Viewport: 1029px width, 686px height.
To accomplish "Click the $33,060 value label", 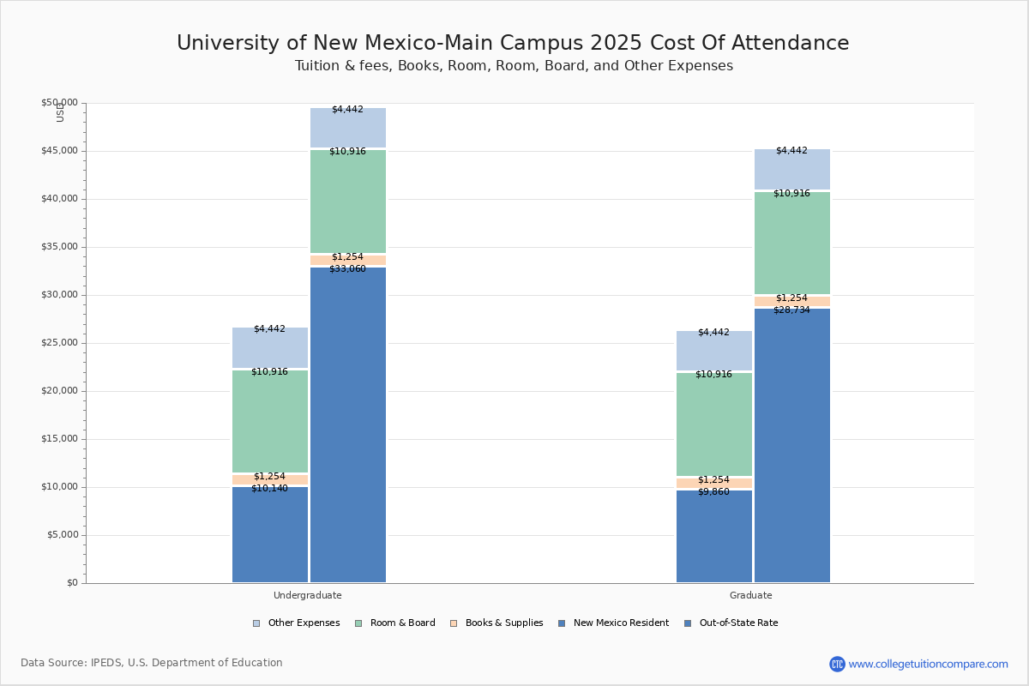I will click(x=347, y=269).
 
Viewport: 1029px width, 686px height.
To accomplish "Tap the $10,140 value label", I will click(x=269, y=489).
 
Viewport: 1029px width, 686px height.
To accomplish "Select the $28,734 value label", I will click(x=791, y=310).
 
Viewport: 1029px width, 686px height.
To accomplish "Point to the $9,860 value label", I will click(x=713, y=492).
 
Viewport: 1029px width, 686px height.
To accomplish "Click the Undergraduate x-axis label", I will click(x=308, y=595).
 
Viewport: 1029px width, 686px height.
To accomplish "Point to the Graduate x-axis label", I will click(x=751, y=595).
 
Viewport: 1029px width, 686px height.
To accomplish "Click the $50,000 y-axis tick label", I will click(x=59, y=103).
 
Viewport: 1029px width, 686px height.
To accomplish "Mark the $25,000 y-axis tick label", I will click(x=59, y=343).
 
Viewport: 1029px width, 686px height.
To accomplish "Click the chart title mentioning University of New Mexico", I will click(x=513, y=44).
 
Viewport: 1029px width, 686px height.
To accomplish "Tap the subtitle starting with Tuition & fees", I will click(x=514, y=66).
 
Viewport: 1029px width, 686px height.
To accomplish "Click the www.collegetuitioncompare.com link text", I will click(x=928, y=664).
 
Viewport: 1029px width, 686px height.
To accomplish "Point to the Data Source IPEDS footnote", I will click(x=152, y=663).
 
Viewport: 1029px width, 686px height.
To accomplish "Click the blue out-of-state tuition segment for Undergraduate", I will click(x=348, y=429).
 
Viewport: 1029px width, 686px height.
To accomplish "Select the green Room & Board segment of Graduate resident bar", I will click(x=713, y=424).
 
